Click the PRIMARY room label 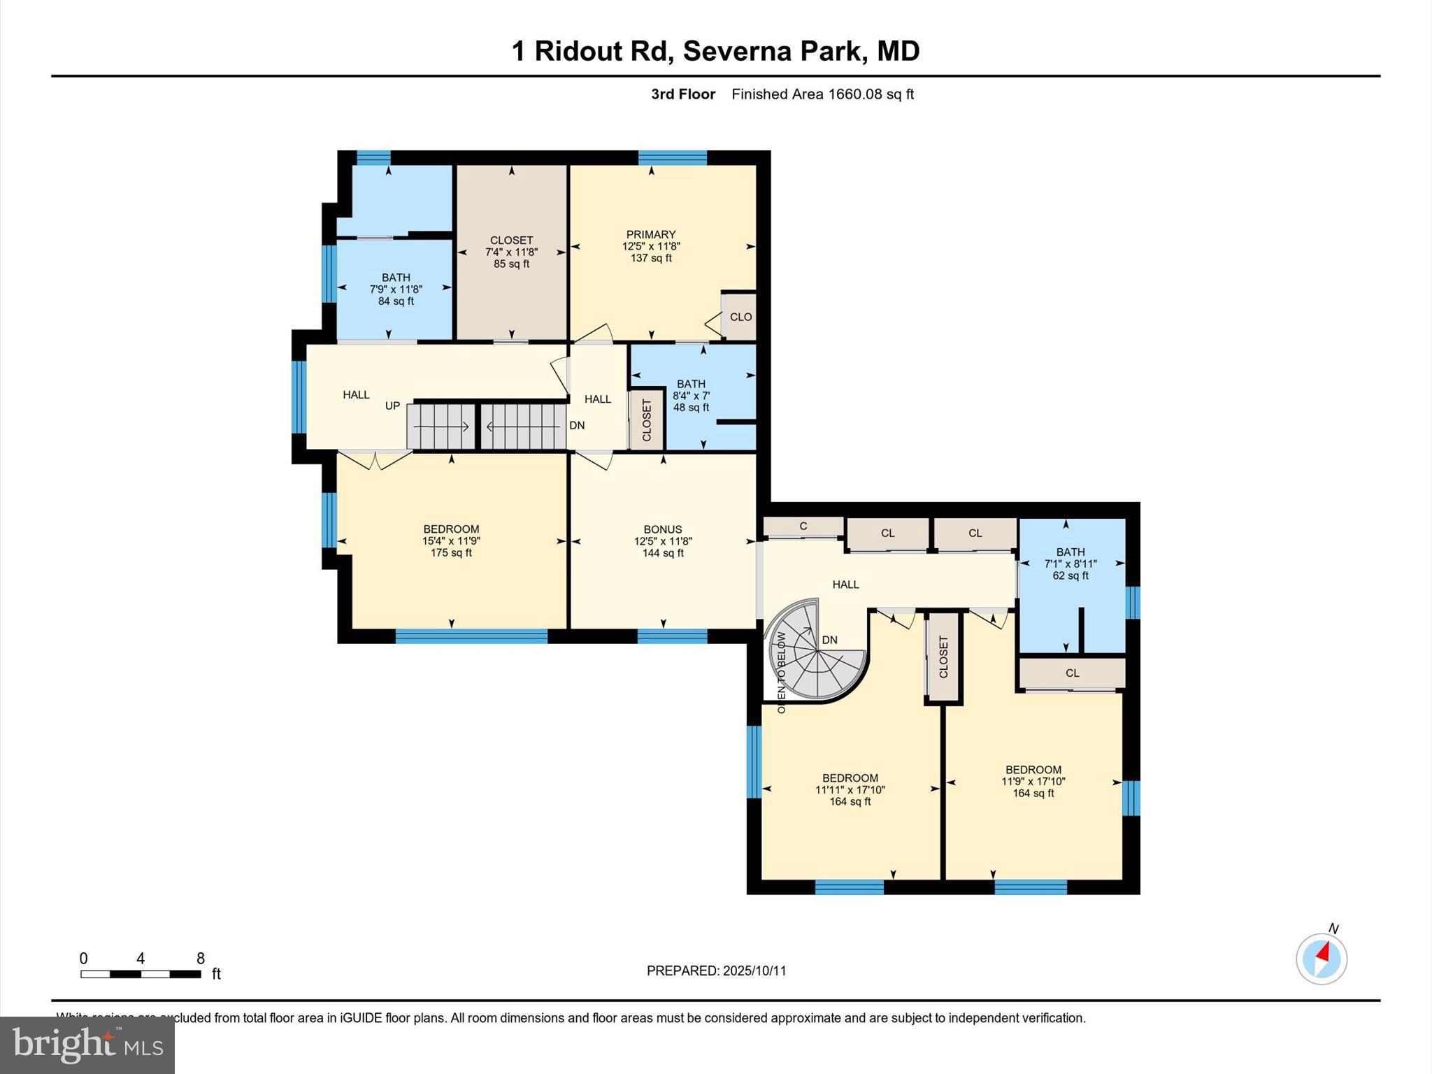click(x=650, y=234)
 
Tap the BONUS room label click(x=662, y=529)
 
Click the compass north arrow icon click(x=1321, y=959)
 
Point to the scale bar click(x=141, y=973)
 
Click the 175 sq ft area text click(x=451, y=553)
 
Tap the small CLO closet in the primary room click(x=740, y=317)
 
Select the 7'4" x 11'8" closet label click(x=511, y=252)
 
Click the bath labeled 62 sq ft click(x=1070, y=575)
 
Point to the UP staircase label click(x=392, y=406)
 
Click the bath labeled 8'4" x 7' click(x=691, y=396)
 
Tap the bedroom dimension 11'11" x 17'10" click(x=850, y=790)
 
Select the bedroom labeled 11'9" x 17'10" click(x=1033, y=781)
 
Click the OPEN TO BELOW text click(x=782, y=672)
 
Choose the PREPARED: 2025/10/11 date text click(x=716, y=971)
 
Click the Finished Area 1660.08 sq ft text click(x=822, y=94)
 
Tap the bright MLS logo click(x=87, y=1044)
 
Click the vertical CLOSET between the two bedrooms click(x=943, y=657)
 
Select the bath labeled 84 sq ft click(x=396, y=301)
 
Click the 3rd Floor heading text click(x=682, y=94)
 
